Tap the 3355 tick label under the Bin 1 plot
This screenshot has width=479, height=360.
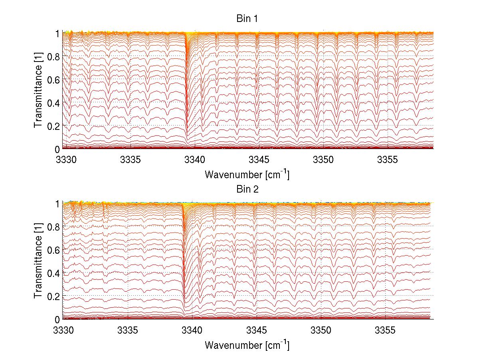tap(388, 160)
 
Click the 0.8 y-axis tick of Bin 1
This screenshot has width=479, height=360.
tap(54, 57)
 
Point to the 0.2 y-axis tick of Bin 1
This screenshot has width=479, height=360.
tap(54, 125)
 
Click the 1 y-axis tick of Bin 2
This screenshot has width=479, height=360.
tap(57, 203)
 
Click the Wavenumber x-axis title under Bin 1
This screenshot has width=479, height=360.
tap(247, 174)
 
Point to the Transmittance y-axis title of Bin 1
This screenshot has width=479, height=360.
tap(38, 91)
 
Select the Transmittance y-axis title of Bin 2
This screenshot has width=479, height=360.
tap(38, 261)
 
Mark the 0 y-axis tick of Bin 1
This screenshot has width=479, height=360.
tap(57, 149)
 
